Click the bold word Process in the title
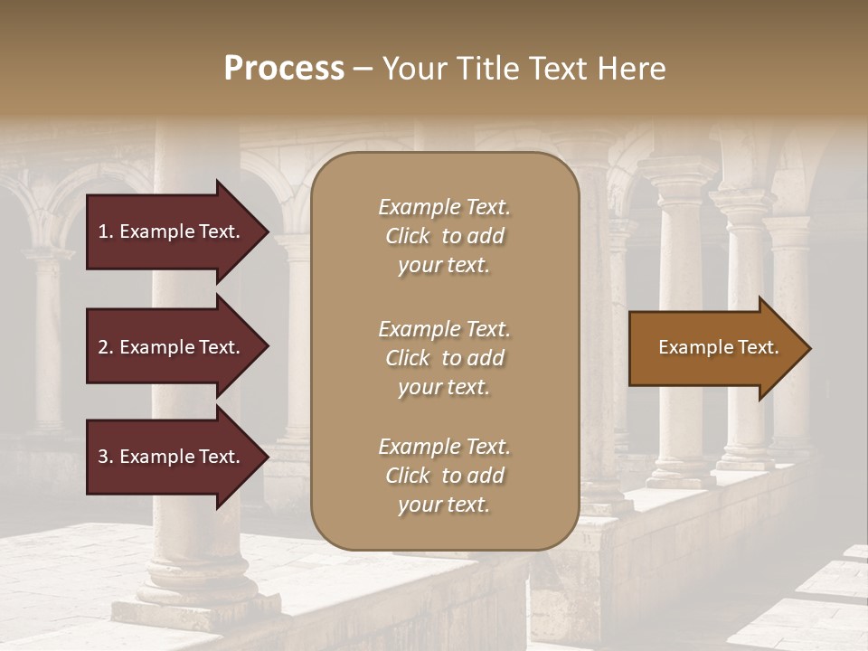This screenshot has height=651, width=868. (x=284, y=69)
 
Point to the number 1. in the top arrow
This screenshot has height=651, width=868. (x=105, y=231)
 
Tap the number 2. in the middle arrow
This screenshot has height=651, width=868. (x=105, y=347)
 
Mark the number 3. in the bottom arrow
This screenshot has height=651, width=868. (x=105, y=457)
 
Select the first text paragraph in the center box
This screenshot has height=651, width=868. (x=444, y=236)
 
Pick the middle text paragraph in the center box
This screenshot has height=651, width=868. (x=444, y=358)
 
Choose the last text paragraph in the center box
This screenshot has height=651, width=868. (x=444, y=476)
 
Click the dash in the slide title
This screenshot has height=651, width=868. (x=363, y=69)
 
